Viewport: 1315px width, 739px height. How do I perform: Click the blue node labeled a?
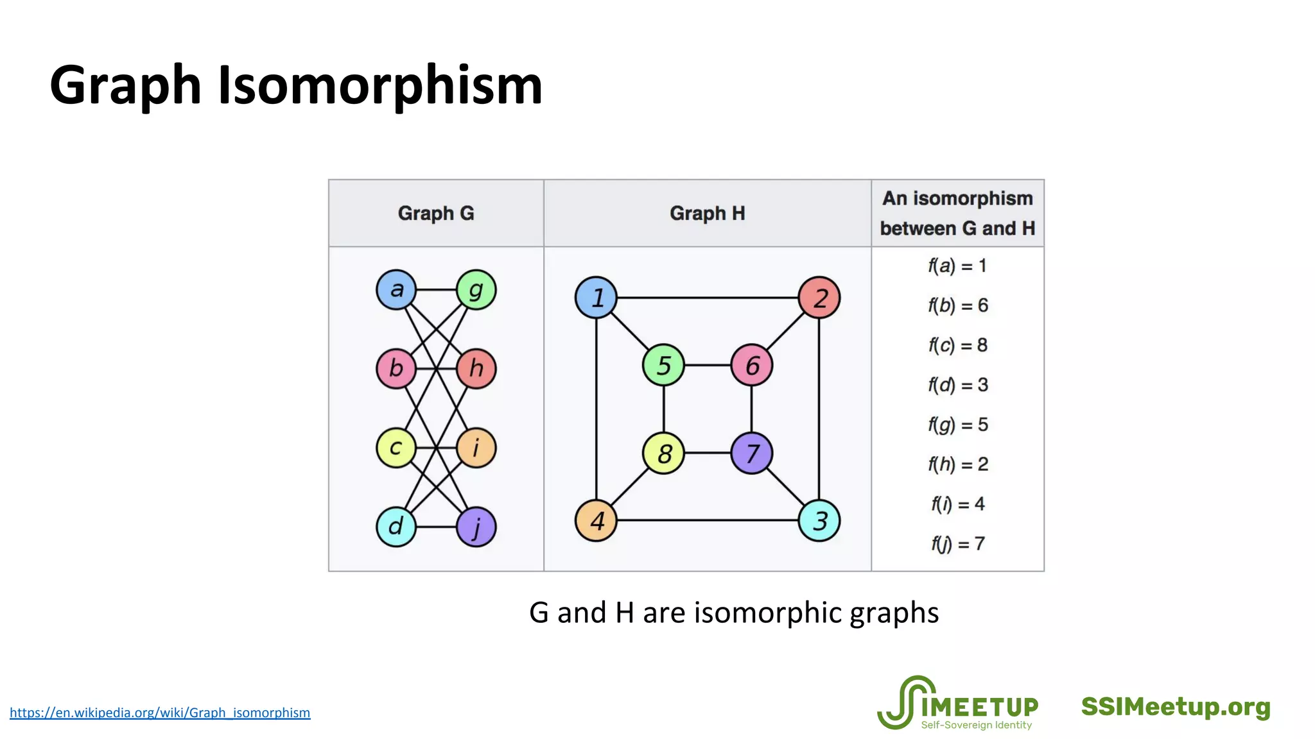pos(396,289)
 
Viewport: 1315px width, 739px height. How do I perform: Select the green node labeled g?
pos(476,289)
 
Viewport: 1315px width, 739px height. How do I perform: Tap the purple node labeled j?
pos(476,527)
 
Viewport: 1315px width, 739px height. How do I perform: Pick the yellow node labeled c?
pos(396,448)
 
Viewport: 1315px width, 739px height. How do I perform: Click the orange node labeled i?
pos(476,448)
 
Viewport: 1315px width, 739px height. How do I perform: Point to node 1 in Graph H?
pos(596,298)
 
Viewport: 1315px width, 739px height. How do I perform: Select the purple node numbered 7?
pos(751,454)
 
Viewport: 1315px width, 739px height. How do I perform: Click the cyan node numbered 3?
pos(819,520)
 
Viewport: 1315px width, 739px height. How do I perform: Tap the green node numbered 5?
pos(663,365)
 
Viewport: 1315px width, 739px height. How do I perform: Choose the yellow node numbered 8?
pos(663,454)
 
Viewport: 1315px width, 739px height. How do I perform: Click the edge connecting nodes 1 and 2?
pos(706,298)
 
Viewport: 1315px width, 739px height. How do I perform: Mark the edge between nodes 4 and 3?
pos(706,520)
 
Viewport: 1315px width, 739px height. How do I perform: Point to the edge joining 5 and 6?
pos(708,365)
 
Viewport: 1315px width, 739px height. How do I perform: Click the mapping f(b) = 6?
pos(957,305)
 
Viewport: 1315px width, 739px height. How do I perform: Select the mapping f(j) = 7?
pos(957,544)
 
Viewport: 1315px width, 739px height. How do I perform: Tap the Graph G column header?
pos(435,213)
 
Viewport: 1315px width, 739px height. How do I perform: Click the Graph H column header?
pos(707,213)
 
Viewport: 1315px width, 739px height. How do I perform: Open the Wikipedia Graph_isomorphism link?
pos(160,713)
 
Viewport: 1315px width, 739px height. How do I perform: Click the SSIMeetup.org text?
pos(1176,707)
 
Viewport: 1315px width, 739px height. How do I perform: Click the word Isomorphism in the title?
pos(380,85)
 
